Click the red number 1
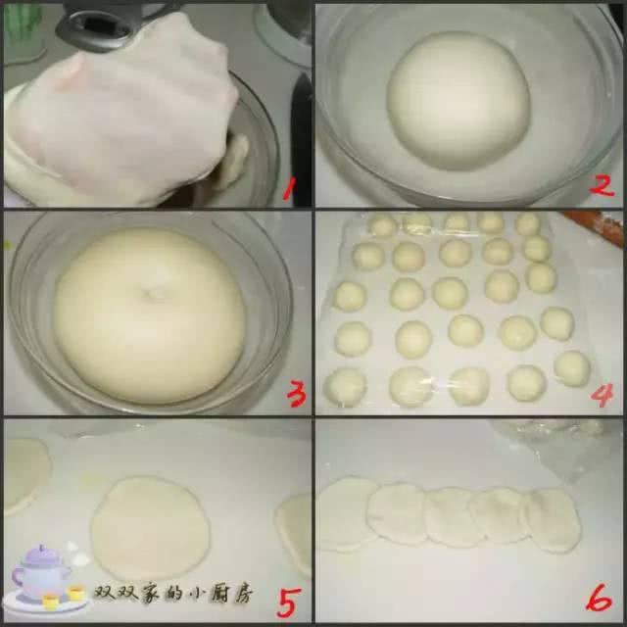pyautogui.click(x=289, y=188)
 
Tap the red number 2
pyautogui.click(x=602, y=185)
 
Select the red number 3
pyautogui.click(x=296, y=394)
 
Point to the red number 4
pyautogui.click(x=602, y=395)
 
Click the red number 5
pyautogui.click(x=289, y=603)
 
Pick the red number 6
pyautogui.click(x=599, y=598)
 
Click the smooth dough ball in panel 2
pyautogui.click(x=458, y=100)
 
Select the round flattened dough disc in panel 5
pyautogui.click(x=150, y=528)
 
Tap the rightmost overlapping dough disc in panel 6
pyautogui.click(x=554, y=520)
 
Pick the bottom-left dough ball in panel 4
pyautogui.click(x=345, y=387)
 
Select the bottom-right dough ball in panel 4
pyautogui.click(x=572, y=368)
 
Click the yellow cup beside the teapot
pyautogui.click(x=75, y=593)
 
